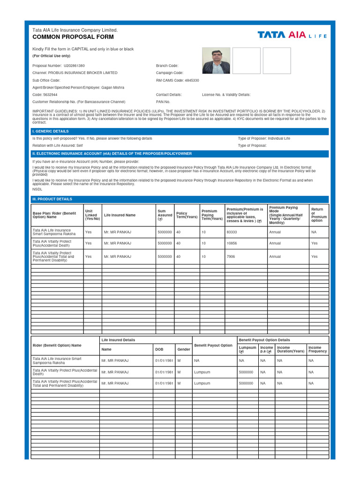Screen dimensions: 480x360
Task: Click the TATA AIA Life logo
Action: pos(292,35)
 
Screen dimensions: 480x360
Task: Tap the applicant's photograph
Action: pos(216,60)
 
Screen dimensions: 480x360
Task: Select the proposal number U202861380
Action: pos(74,66)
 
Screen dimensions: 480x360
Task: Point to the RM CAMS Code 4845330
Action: pos(177,80)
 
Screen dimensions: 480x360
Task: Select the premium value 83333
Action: pos(232,232)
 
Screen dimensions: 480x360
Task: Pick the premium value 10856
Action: pos(232,243)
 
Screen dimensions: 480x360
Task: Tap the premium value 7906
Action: pos(231,256)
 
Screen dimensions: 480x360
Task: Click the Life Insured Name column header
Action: pos(120,215)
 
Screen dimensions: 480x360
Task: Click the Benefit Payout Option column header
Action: pos(213,345)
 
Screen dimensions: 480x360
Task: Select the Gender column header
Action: pos(183,349)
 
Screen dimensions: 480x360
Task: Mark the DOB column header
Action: pos(159,349)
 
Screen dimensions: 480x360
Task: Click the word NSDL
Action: pos(37,189)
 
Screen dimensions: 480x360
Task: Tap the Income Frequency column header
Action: pos(318,349)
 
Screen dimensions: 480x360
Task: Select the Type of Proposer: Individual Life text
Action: pos(264,138)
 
